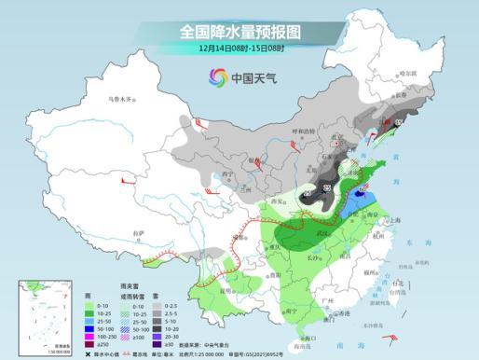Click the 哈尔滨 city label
pos(405,71)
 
